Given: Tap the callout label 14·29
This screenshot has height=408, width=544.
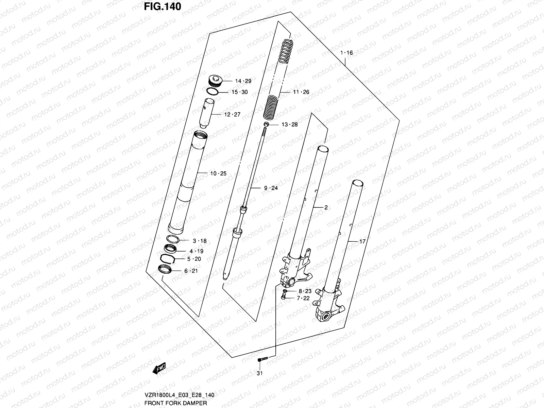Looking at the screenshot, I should point(243,81).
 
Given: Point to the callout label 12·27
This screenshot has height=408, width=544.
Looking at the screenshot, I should point(232,115).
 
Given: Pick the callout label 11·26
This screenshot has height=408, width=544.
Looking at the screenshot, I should point(301,92).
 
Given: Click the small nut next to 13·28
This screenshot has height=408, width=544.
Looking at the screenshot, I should point(267,124).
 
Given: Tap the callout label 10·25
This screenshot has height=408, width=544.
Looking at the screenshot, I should point(218,173).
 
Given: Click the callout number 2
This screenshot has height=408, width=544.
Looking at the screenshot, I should point(326,207).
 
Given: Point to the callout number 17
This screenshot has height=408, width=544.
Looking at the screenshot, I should point(362,241).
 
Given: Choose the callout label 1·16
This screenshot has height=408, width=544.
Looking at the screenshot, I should point(346,53).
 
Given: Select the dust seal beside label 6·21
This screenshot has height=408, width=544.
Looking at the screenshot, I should point(166,270).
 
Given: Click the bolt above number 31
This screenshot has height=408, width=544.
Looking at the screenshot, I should point(263,359).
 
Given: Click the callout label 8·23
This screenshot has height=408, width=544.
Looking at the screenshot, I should point(305,291).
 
